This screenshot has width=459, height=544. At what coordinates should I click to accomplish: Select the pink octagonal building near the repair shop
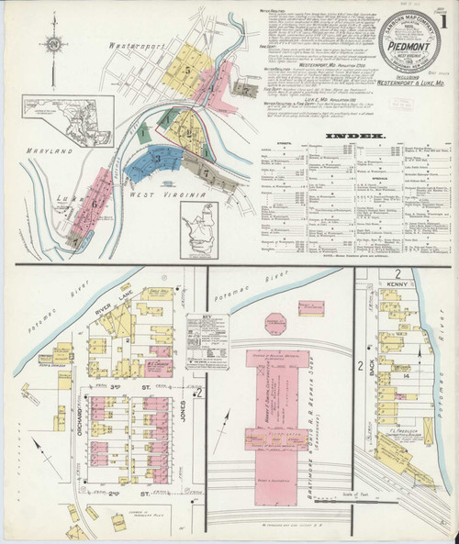[x=276, y=323]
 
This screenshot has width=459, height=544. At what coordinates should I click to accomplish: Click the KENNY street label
[x=397, y=287]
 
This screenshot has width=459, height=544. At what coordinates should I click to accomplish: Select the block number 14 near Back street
[x=404, y=376]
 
